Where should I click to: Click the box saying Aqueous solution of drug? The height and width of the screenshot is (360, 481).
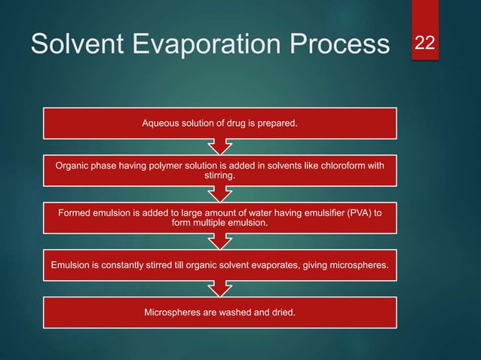[219, 122]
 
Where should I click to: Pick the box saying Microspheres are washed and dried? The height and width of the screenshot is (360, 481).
[219, 310]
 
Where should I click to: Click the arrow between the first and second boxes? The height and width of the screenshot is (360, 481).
[219, 145]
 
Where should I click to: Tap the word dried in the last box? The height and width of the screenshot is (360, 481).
[280, 310]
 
